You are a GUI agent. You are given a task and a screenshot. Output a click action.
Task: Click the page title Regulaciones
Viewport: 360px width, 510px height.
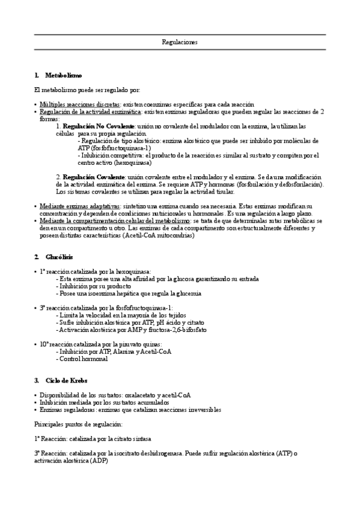pyautogui.click(x=180, y=42)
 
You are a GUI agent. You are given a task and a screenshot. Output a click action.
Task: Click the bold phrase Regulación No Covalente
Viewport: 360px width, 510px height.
pyautogui.click(x=99, y=126)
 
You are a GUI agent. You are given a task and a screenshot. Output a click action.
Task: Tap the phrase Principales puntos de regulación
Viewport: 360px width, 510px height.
pyautogui.click(x=78, y=425)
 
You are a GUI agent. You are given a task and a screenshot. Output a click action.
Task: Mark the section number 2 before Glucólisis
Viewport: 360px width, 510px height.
pyautogui.click(x=37, y=257)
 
